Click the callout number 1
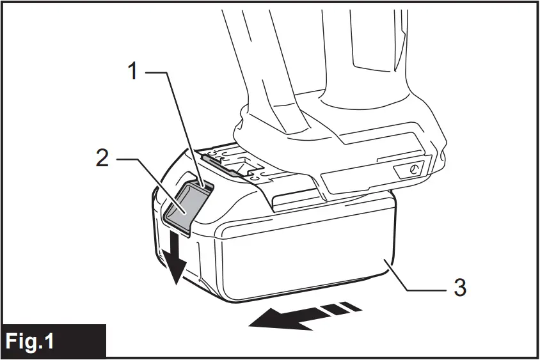tap(132, 70)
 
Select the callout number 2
tap(102, 158)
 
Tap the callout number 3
tap(459, 287)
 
